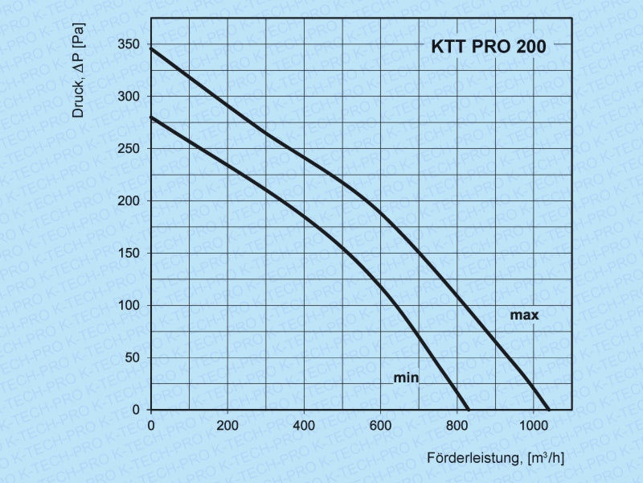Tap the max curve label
point(524,315)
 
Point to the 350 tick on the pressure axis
point(129,43)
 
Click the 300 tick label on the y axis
point(129,96)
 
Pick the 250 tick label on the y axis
point(129,148)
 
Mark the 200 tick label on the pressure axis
point(129,200)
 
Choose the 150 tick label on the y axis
point(129,253)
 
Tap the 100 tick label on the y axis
point(129,305)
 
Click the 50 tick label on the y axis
point(132,357)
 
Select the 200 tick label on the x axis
point(227,425)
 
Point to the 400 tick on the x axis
point(304,425)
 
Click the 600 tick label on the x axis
point(380,425)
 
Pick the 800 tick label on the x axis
point(457,425)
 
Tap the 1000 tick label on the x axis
point(534,425)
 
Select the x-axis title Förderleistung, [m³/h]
point(495,459)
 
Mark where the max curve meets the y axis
point(151,49)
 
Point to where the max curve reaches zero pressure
point(549,409)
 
